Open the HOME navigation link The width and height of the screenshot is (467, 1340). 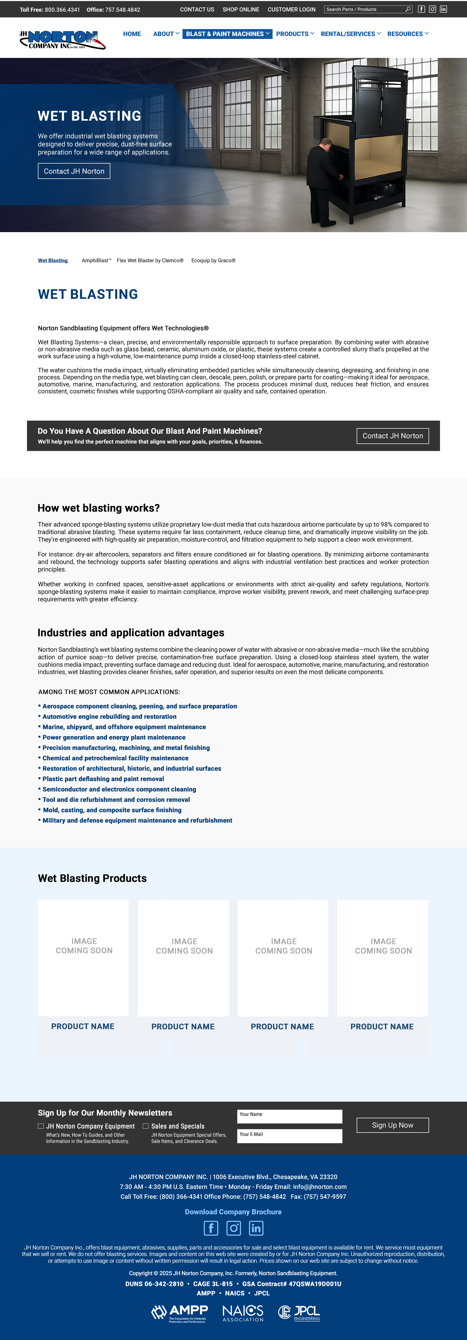point(132,34)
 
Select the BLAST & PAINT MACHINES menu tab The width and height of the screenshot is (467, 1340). point(227,34)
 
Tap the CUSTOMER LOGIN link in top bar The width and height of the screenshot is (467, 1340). point(291,9)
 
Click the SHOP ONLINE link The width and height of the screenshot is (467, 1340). point(241,9)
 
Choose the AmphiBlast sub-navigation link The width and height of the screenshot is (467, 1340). point(96,261)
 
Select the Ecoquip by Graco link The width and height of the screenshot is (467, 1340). point(213,261)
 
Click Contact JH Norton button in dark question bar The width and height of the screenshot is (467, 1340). point(393,436)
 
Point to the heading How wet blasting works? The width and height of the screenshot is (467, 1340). point(99,508)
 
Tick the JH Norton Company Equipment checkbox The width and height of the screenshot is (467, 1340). point(40,1126)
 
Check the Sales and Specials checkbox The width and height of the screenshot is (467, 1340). point(146,1126)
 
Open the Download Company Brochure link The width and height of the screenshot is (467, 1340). point(233,1211)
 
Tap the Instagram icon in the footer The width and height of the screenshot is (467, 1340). point(234,1228)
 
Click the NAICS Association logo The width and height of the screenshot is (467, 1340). point(243,1312)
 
